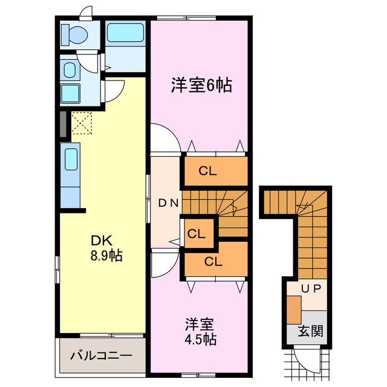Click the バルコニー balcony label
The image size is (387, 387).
[100, 355]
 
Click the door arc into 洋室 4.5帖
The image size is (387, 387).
[164, 265]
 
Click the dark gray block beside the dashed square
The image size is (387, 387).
[63, 124]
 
